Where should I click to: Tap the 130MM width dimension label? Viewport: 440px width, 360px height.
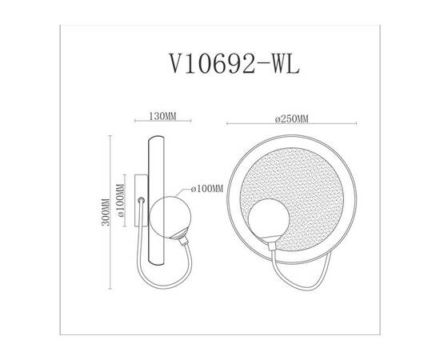pos(163,116)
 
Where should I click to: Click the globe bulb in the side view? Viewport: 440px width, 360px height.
pos(170,215)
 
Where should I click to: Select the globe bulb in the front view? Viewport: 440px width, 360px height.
pos(263,220)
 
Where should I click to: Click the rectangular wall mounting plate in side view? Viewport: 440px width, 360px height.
pos(140,207)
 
